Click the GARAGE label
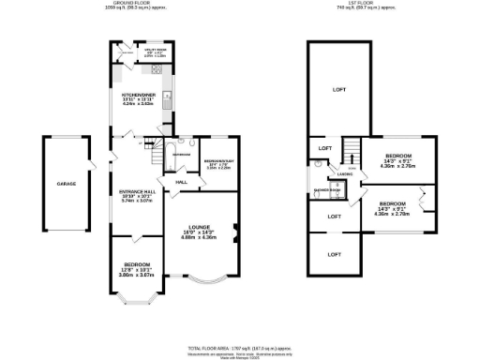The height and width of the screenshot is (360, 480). pos(66,184)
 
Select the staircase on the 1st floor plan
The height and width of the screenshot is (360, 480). pos(352,149)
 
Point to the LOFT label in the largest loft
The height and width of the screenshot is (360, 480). pos(338,89)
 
